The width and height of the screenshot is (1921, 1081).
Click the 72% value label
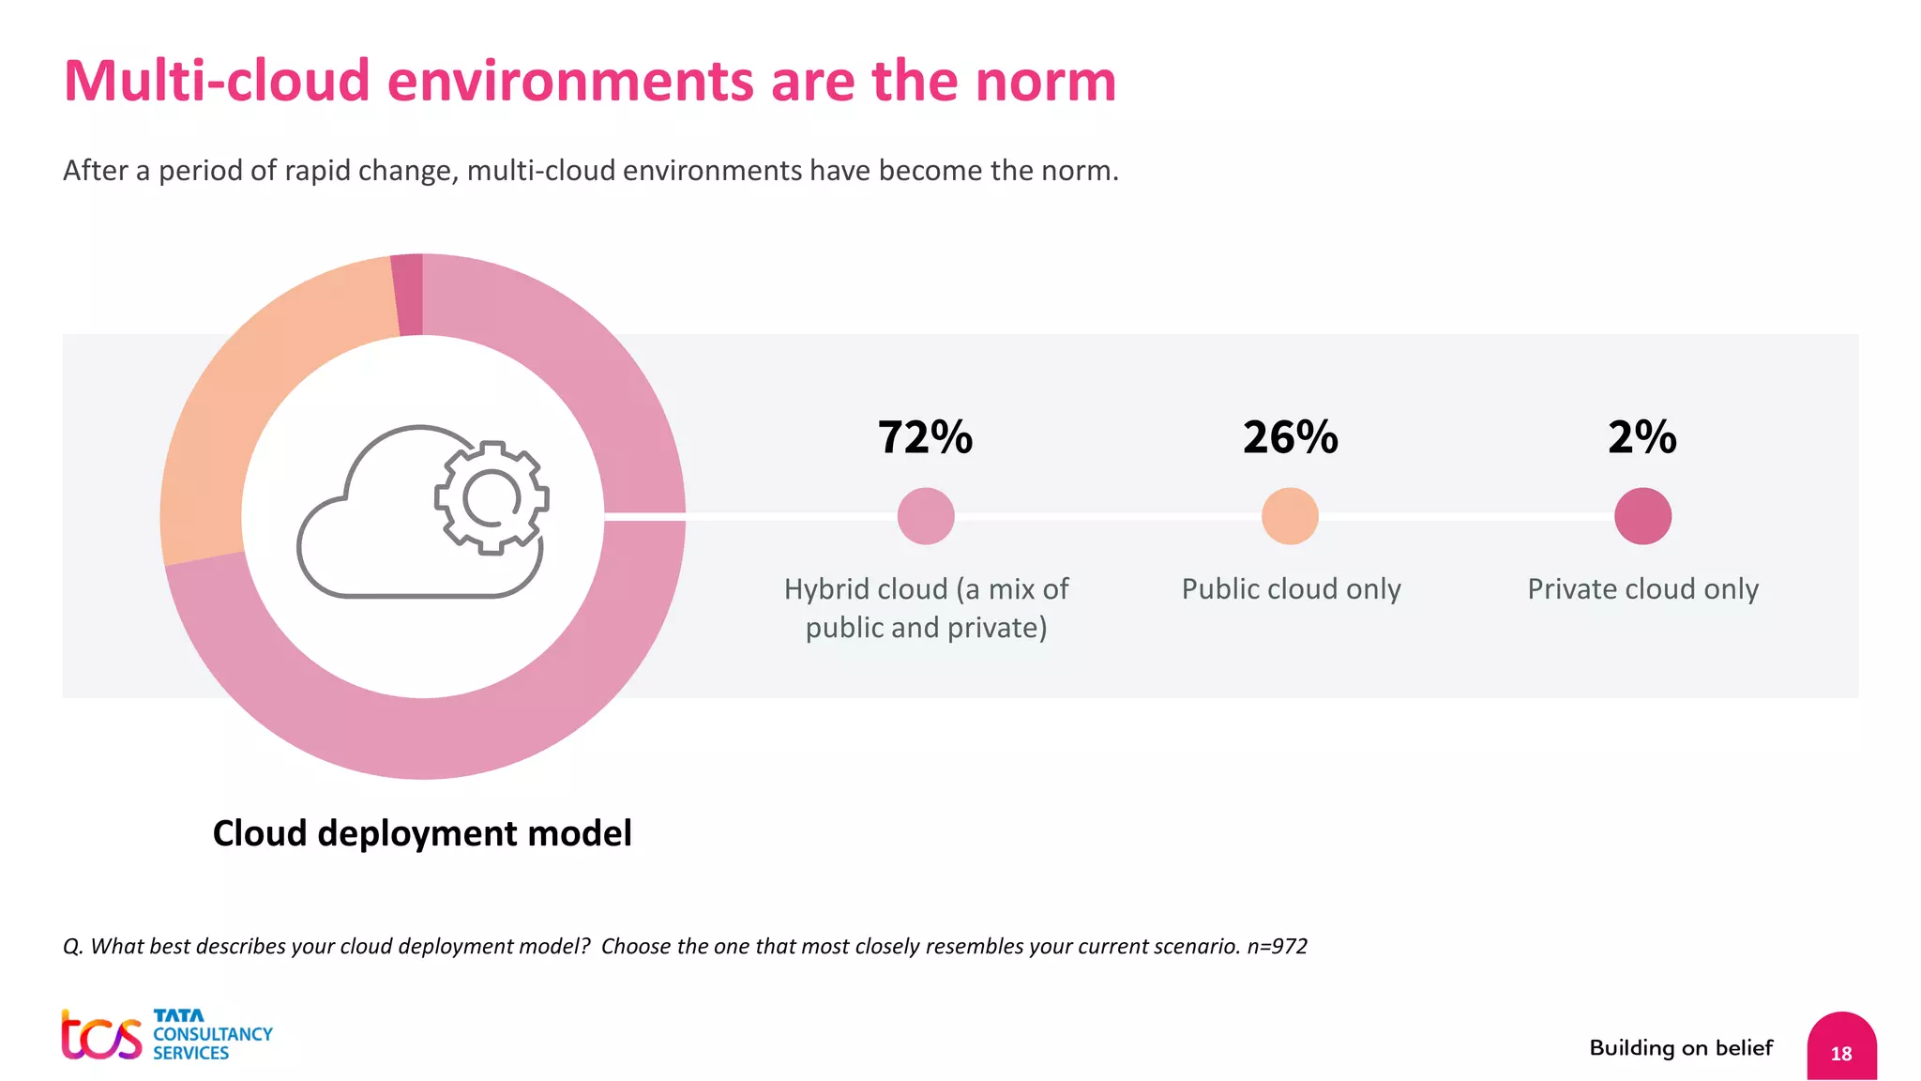(925, 437)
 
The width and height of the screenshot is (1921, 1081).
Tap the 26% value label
(1290, 437)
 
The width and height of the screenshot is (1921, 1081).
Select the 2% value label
(1641, 437)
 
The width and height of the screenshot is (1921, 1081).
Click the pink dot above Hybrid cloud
(926, 516)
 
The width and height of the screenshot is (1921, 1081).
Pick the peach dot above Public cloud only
(1290, 516)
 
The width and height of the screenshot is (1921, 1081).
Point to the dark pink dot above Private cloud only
(1642, 516)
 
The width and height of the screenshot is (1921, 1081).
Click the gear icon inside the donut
(492, 497)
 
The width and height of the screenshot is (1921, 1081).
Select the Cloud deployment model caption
(422, 833)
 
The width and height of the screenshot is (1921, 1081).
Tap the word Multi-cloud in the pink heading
(216, 81)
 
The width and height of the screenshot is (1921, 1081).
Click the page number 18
(1840, 1054)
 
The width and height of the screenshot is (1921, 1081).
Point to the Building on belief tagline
(1681, 1048)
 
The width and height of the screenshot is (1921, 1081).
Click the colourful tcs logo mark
(101, 1036)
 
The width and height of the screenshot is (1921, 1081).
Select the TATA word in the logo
(178, 1015)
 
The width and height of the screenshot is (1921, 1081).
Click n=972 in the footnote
(1277, 946)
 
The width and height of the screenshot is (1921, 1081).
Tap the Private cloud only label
(1642, 589)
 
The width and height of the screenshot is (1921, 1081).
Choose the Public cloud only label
(1291, 589)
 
